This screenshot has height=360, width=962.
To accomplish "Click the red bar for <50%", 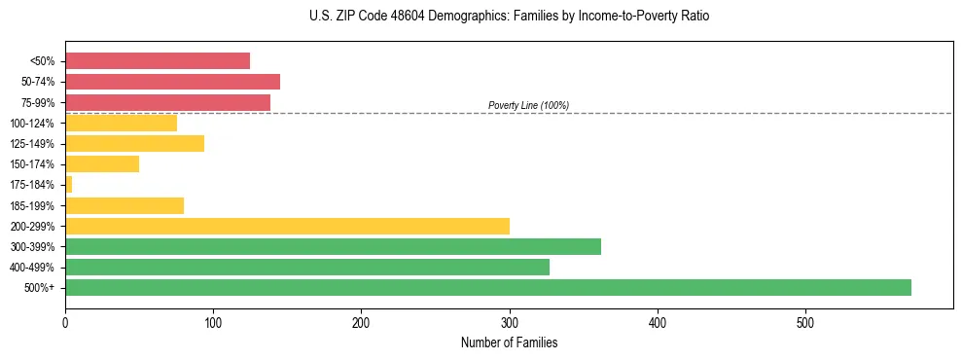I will (x=157, y=61).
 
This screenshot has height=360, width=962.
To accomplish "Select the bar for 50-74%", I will (x=172, y=82).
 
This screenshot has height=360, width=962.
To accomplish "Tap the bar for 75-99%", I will (x=167, y=102).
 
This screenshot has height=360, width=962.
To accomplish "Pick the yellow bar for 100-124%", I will (x=121, y=123).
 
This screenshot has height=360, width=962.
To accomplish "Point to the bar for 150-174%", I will (x=102, y=164).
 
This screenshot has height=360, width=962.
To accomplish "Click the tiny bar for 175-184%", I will (x=68, y=185).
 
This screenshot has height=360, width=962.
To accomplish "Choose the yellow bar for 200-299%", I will (x=287, y=226).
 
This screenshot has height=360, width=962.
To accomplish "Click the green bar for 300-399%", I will (x=333, y=246).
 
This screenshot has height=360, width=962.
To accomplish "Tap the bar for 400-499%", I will (x=307, y=267).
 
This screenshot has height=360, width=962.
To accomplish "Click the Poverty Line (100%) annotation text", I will (x=528, y=105).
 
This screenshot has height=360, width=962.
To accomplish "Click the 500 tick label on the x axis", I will (x=805, y=322).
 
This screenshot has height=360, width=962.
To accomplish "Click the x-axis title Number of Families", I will (x=509, y=342).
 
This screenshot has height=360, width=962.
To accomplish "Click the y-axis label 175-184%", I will (x=34, y=185).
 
